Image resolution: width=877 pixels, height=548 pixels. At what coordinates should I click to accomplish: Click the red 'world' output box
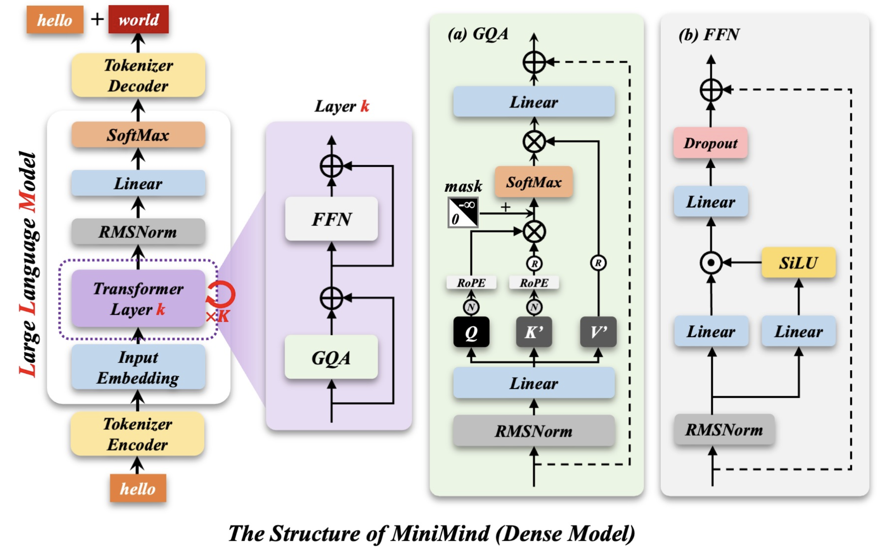138,19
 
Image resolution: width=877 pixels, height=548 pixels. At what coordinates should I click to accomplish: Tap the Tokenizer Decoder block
138,75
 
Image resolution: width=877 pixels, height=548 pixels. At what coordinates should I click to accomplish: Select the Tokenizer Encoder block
137,434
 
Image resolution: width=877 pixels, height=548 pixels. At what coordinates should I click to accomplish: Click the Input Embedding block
138,368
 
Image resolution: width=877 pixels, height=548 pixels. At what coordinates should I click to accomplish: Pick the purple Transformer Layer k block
138,299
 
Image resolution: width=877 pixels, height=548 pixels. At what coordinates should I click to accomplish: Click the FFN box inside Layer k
331,219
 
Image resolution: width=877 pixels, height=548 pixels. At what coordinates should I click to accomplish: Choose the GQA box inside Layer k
331,357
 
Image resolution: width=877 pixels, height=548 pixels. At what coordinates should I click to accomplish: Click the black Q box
471,332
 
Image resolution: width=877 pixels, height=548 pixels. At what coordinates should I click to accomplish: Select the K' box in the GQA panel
534,332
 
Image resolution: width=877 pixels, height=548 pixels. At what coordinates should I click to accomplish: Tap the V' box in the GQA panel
598,332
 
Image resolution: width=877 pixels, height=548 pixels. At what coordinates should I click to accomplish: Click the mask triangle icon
463,212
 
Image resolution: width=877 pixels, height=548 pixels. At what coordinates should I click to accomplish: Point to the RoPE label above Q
471,283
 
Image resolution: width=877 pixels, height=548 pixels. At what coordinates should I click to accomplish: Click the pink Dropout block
710,143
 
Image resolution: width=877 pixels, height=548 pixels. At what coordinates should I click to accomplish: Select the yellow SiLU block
799,262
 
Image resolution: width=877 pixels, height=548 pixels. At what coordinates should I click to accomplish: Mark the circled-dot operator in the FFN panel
711,263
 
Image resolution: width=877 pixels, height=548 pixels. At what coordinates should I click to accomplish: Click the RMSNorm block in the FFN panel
724,429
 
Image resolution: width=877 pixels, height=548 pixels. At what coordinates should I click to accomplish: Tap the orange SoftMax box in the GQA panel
534,182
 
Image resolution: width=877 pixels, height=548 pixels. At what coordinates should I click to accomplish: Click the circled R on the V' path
598,263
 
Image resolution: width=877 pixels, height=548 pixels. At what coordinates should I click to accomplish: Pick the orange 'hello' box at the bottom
138,488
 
